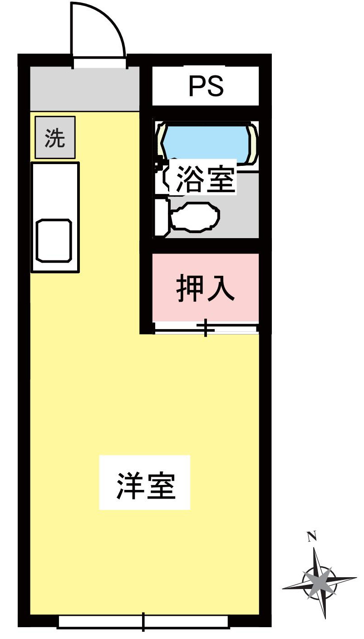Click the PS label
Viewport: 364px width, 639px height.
[x=206, y=86]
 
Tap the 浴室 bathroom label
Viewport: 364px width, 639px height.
[x=205, y=179]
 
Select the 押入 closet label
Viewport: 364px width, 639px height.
[x=205, y=288]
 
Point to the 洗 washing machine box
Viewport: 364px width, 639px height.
[x=55, y=138]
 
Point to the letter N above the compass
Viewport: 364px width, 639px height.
[x=312, y=537]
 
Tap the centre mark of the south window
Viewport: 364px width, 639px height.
[x=143, y=621]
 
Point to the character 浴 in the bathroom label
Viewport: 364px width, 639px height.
[x=189, y=179]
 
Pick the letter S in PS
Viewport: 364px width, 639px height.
[x=215, y=86]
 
